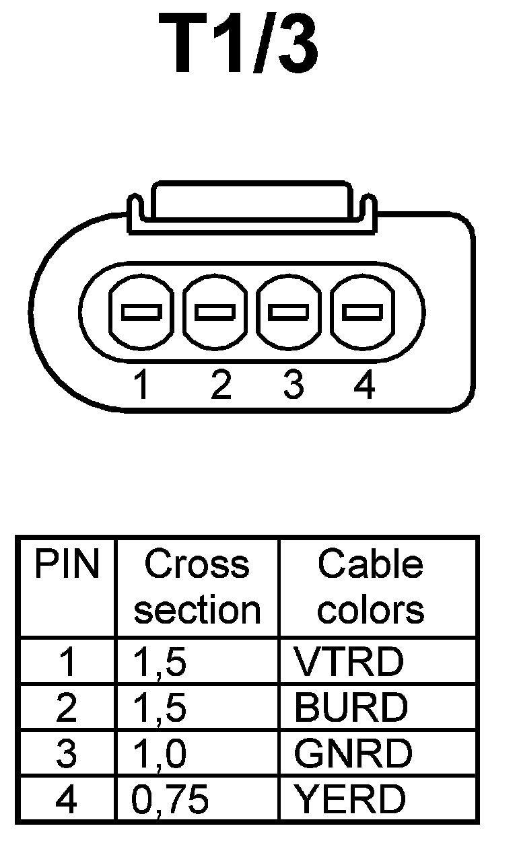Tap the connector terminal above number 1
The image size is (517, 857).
point(141,313)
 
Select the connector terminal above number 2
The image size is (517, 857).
point(215,313)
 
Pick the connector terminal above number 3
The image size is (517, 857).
point(289,313)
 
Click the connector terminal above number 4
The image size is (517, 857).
point(363,313)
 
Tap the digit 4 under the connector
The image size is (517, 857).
point(364,385)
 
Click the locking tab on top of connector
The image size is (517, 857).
point(250,202)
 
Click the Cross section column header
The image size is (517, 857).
point(197,587)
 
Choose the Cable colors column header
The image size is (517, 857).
point(371,587)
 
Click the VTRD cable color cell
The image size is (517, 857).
point(349,662)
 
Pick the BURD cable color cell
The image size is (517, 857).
point(351,708)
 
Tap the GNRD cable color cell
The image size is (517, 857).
point(353,753)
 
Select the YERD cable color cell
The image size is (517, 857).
point(350,799)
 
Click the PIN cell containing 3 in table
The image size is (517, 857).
point(66,753)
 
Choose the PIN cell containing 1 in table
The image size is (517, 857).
point(67,662)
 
